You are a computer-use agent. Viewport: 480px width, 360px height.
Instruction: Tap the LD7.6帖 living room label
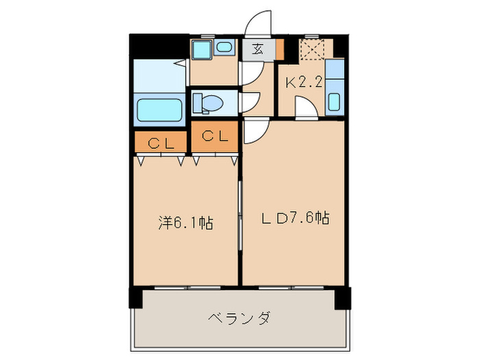click(x=296, y=219)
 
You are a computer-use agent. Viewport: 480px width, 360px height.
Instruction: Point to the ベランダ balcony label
click(x=239, y=318)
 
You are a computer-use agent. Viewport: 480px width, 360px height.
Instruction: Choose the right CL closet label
click(x=215, y=136)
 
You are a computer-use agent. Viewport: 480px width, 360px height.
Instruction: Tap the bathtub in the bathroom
click(x=159, y=110)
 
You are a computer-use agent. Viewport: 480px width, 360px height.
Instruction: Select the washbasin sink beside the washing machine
click(x=224, y=47)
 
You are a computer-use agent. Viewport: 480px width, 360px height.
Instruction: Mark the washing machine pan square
click(x=202, y=49)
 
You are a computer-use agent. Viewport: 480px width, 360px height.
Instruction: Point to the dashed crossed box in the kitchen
click(x=315, y=49)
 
